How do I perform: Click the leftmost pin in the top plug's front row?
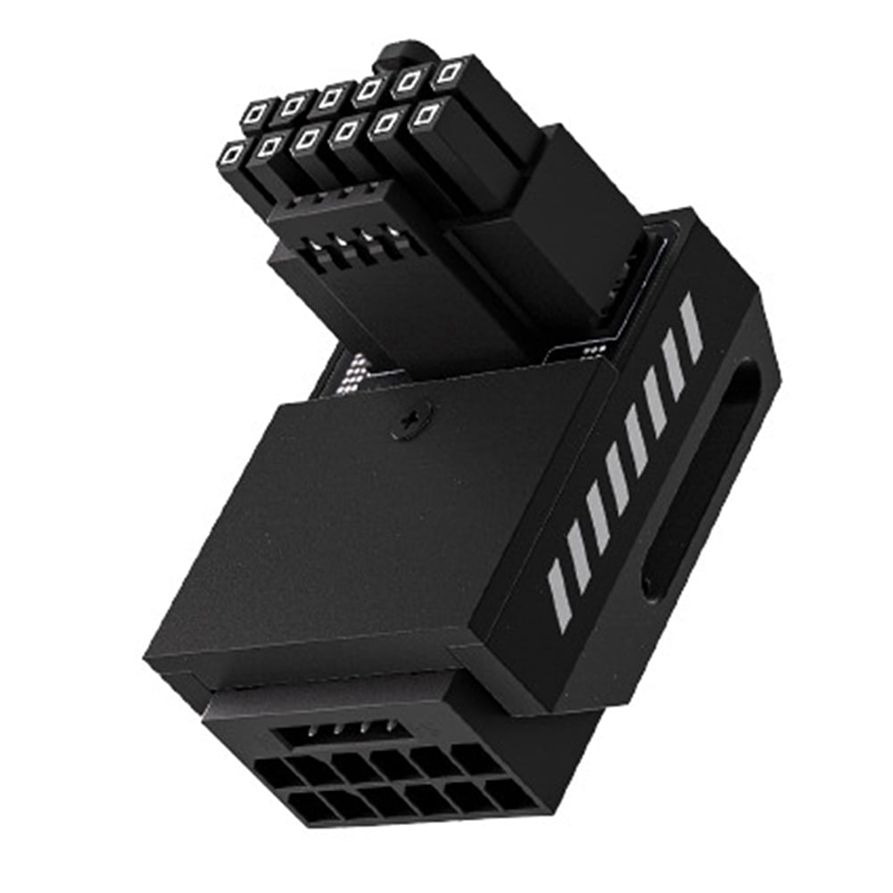click(x=231, y=157)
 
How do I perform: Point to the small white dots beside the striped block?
click(x=589, y=353)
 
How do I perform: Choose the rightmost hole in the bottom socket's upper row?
click(x=476, y=758)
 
